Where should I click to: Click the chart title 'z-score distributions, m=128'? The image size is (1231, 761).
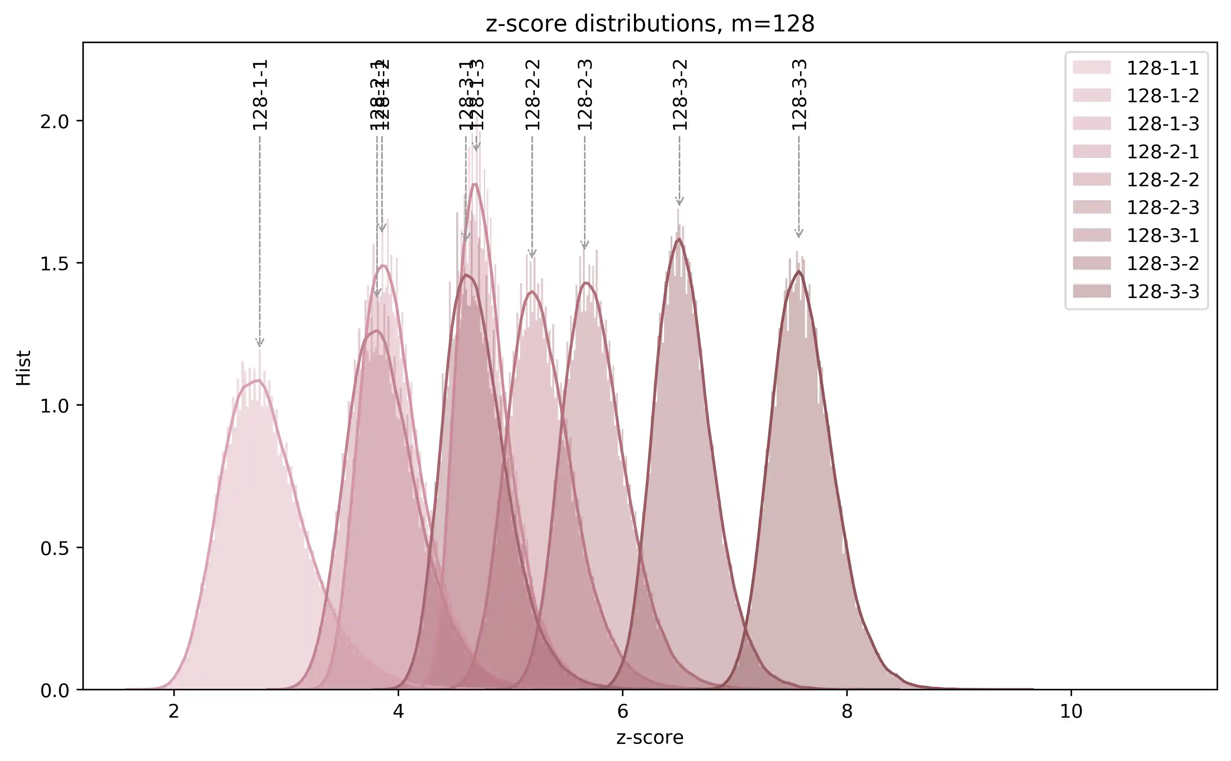coord(650,24)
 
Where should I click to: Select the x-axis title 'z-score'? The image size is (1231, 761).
coord(650,737)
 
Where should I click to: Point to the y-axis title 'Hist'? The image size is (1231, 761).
coord(24,368)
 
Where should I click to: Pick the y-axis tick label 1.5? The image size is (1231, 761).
coord(54,263)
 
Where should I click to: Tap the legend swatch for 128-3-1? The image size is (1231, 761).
coord(1091,235)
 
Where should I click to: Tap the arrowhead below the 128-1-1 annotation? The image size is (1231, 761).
coord(260,343)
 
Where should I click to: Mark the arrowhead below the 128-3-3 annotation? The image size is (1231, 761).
coord(799,233)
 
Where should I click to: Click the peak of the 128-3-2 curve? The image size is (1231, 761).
coord(679,239)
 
